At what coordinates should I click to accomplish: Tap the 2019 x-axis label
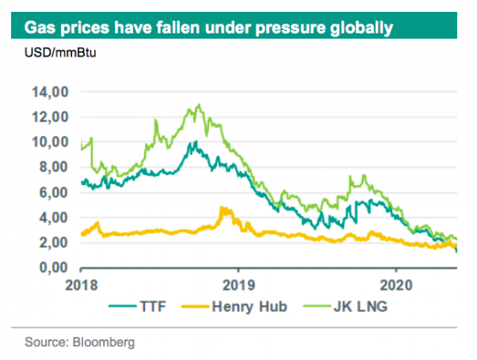click(239, 284)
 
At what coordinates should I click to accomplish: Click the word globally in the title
click(359, 28)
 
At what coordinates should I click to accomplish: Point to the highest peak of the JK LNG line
click(199, 105)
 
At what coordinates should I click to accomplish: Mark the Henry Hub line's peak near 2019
click(223, 208)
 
